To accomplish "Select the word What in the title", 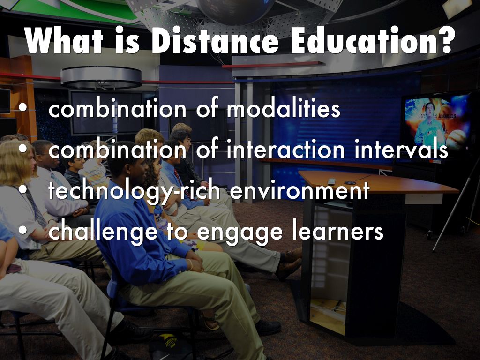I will coord(65,42).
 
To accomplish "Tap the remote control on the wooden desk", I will coord(331,181).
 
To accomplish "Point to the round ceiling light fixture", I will coord(101,77).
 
